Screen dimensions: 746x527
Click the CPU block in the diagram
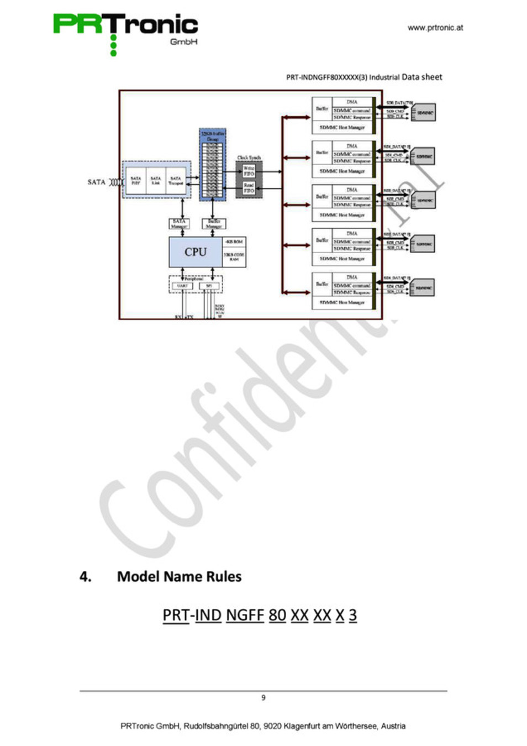tap(195, 252)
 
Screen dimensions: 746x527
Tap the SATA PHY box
tap(136, 181)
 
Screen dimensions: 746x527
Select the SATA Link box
tap(156, 181)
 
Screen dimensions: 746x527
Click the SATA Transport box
tap(176, 181)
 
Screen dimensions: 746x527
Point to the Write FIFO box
tap(249, 171)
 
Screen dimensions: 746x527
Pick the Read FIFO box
tap(249, 188)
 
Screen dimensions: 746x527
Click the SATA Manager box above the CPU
tap(179, 224)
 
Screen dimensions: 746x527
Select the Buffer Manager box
tap(214, 224)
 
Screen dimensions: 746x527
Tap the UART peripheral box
tap(182, 286)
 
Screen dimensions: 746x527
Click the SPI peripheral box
tap(209, 286)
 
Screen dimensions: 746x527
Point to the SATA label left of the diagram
tap(96, 182)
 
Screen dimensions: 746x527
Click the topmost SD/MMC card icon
tap(424, 113)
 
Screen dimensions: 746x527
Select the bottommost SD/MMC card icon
tap(423, 288)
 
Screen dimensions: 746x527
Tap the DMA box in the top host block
tap(352, 102)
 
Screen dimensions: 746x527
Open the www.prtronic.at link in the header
tap(435, 28)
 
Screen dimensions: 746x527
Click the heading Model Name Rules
tap(179, 576)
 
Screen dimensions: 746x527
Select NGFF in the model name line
tap(245, 614)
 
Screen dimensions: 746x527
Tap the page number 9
tap(263, 697)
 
